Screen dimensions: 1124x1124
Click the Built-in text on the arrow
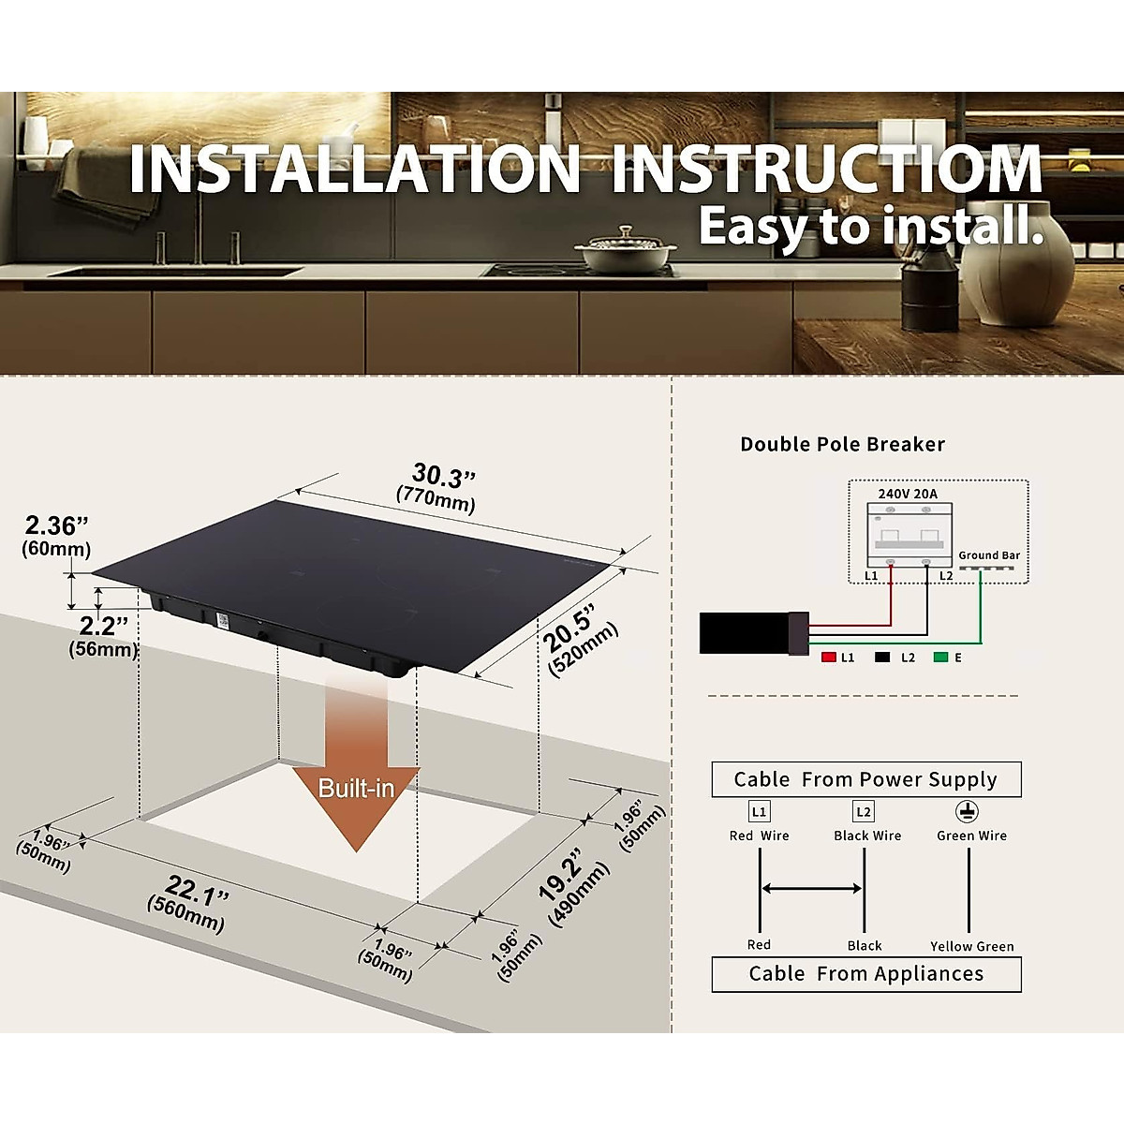coord(356,788)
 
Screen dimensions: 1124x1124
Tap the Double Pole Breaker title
coord(842,444)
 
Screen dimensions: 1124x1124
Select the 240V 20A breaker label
coord(907,494)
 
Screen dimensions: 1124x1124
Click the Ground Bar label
coord(988,555)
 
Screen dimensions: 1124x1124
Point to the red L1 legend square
coord(828,658)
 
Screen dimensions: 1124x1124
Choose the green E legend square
coord(940,658)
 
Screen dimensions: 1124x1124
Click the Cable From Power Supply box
coord(865,779)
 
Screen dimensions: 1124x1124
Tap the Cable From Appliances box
coord(865,974)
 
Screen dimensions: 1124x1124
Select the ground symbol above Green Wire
coord(967,811)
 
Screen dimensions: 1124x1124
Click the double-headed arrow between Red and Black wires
coord(811,888)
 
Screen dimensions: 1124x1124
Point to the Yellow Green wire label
coord(971,946)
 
